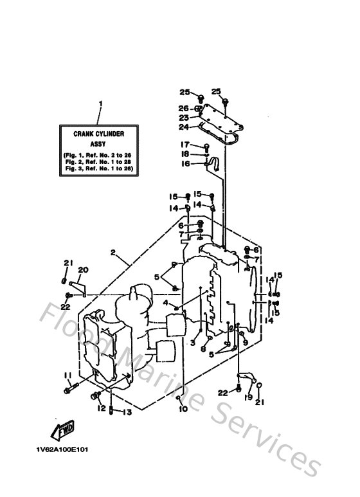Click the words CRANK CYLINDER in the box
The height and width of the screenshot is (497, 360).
[98, 133]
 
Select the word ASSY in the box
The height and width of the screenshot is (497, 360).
[98, 145]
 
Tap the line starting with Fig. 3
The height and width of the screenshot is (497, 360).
[98, 168]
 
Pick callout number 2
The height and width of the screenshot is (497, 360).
[113, 253]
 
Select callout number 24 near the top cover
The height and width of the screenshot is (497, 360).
[184, 127]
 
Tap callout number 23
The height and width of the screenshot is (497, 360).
[184, 118]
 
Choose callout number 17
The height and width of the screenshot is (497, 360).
[184, 145]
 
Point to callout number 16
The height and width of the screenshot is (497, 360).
[184, 164]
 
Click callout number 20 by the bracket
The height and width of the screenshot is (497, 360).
[82, 269]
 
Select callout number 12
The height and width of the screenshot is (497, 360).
[101, 408]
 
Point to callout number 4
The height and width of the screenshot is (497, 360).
[165, 302]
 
